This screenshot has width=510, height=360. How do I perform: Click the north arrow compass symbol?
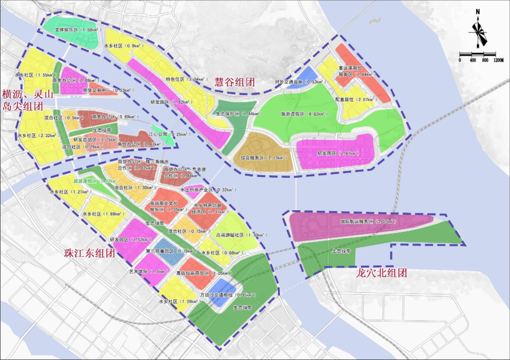478,29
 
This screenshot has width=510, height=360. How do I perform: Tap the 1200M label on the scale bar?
499,60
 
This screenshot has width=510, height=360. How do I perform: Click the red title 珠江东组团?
90,253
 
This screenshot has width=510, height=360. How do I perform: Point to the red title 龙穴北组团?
382,273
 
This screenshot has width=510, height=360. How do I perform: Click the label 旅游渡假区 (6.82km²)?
302,114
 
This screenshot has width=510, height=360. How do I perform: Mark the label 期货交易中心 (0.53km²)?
102,90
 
